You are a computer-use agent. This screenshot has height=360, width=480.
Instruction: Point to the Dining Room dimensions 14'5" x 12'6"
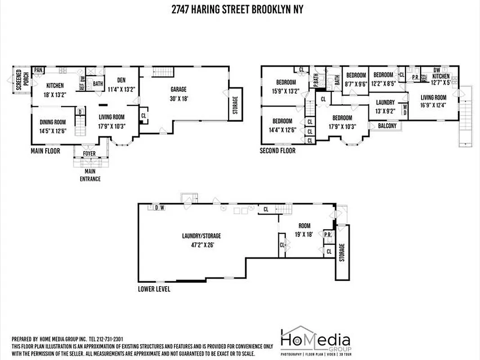[53, 131]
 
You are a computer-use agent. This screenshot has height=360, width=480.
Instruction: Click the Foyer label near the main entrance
[90, 153]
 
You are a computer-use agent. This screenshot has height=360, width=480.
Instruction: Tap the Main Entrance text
[90, 175]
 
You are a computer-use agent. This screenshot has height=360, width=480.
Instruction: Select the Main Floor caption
[45, 151]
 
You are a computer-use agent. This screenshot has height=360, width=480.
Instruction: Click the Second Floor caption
[278, 151]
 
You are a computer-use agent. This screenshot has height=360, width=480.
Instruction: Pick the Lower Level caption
[154, 289]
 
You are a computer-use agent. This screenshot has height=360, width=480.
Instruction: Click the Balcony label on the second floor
[387, 126]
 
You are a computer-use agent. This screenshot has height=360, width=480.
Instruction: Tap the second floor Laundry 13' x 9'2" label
[385, 106]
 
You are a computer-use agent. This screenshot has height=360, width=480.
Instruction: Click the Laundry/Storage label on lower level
[201, 239]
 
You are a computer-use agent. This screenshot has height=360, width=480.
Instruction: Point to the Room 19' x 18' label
[304, 230]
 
